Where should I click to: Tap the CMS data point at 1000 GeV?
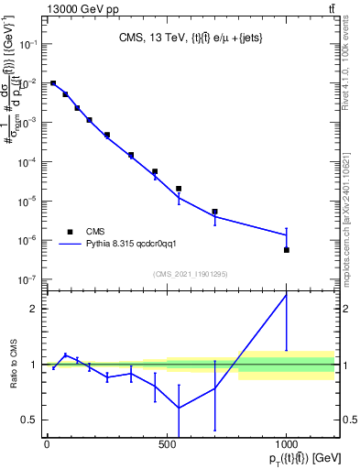[x=287, y=250]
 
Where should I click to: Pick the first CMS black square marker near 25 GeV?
[x=53, y=83]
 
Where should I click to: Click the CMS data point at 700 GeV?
[x=215, y=212]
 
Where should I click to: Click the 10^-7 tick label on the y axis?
[x=28, y=279]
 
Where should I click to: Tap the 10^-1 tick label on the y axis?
[x=28, y=44]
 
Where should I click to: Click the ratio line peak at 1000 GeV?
[x=287, y=295]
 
